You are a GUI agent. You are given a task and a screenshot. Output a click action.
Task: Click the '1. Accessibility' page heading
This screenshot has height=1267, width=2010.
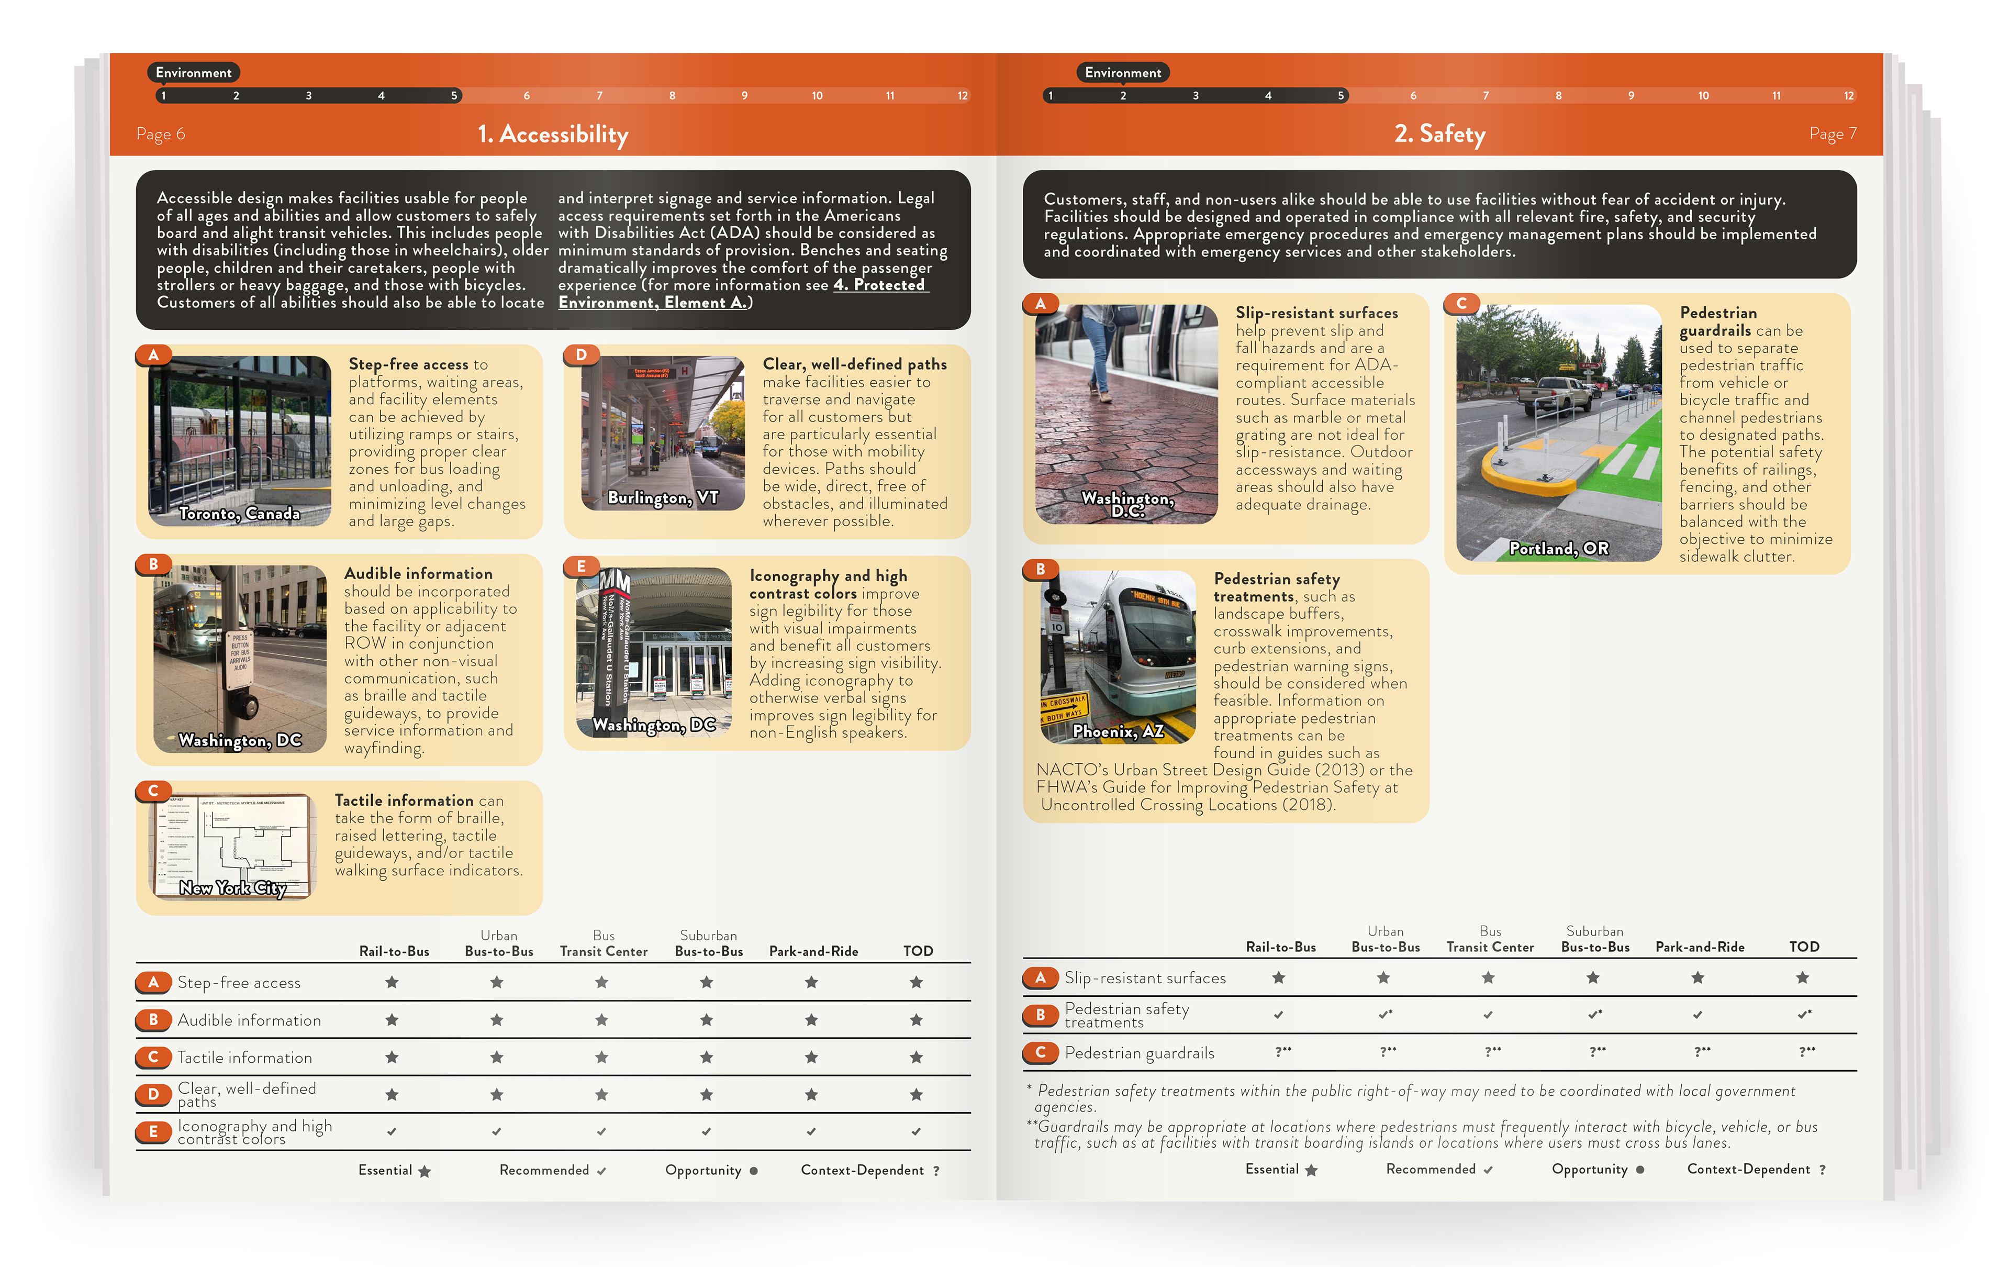pos(553,135)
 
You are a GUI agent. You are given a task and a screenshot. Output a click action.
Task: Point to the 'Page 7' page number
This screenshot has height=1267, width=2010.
pos(1833,134)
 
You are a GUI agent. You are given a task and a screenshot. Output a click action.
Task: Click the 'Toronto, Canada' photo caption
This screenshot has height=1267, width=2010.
pos(240,513)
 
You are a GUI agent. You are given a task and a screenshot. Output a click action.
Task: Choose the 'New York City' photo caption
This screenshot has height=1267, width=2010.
pos(233,888)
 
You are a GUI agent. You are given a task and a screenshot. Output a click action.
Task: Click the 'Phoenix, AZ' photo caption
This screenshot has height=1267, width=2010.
pos(1118,732)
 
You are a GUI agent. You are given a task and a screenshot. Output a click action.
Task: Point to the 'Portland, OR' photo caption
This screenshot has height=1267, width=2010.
pos(1558,548)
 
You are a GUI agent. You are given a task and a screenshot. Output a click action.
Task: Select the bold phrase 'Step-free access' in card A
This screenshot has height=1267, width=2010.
pos(408,364)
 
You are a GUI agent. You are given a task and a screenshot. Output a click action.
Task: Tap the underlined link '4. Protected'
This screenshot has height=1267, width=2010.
pos(880,285)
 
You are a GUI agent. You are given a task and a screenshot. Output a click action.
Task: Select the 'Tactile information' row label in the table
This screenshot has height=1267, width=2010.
pos(244,1058)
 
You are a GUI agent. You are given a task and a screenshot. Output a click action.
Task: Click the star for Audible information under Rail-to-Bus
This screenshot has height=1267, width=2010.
pos(392,1020)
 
